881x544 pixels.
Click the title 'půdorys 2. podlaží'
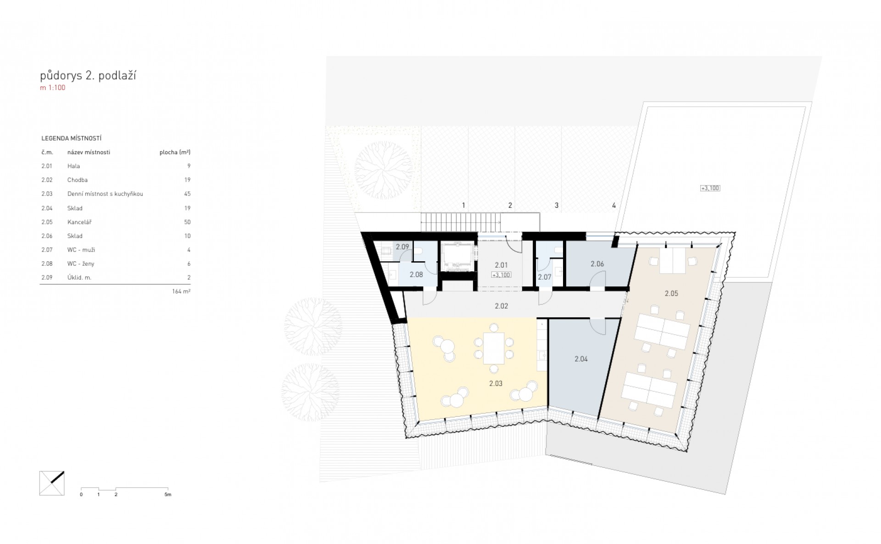(x=88, y=76)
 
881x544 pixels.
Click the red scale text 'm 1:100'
(x=52, y=88)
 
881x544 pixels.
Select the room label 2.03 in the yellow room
(x=496, y=383)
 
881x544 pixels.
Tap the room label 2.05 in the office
(x=671, y=293)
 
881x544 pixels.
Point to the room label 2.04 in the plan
(x=581, y=359)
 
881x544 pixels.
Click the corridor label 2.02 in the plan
(x=502, y=306)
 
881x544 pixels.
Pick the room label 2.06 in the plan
(x=597, y=264)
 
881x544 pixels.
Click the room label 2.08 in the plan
(x=416, y=275)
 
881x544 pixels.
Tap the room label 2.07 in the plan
(x=545, y=277)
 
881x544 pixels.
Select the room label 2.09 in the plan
(x=402, y=247)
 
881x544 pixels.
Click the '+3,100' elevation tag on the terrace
(x=710, y=188)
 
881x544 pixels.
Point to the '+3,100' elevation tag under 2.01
(x=501, y=275)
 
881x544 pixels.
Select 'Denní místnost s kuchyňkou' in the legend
(x=105, y=194)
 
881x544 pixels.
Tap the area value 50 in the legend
(x=187, y=222)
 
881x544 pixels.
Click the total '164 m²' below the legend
(x=181, y=291)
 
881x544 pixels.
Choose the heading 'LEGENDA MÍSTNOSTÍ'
(x=71, y=138)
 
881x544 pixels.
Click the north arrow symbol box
(x=52, y=483)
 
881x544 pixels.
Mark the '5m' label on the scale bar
(x=167, y=495)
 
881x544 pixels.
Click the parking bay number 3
(x=557, y=206)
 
